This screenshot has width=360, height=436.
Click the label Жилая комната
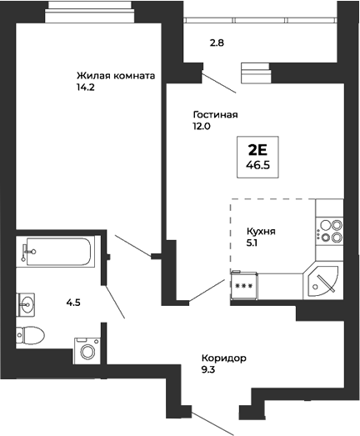[x=116, y=73]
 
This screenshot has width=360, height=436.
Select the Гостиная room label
[x=215, y=114]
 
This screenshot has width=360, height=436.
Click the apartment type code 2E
[x=257, y=150]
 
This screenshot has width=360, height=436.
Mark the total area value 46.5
[x=257, y=165]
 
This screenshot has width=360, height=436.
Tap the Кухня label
[x=261, y=233]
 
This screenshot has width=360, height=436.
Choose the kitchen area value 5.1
[x=252, y=245]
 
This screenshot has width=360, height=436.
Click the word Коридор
[x=224, y=358]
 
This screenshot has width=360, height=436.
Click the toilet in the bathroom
[x=30, y=335]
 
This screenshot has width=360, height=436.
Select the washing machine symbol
[x=87, y=348]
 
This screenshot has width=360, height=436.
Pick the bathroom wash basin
[x=27, y=303]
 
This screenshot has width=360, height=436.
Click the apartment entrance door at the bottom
[x=212, y=422]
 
